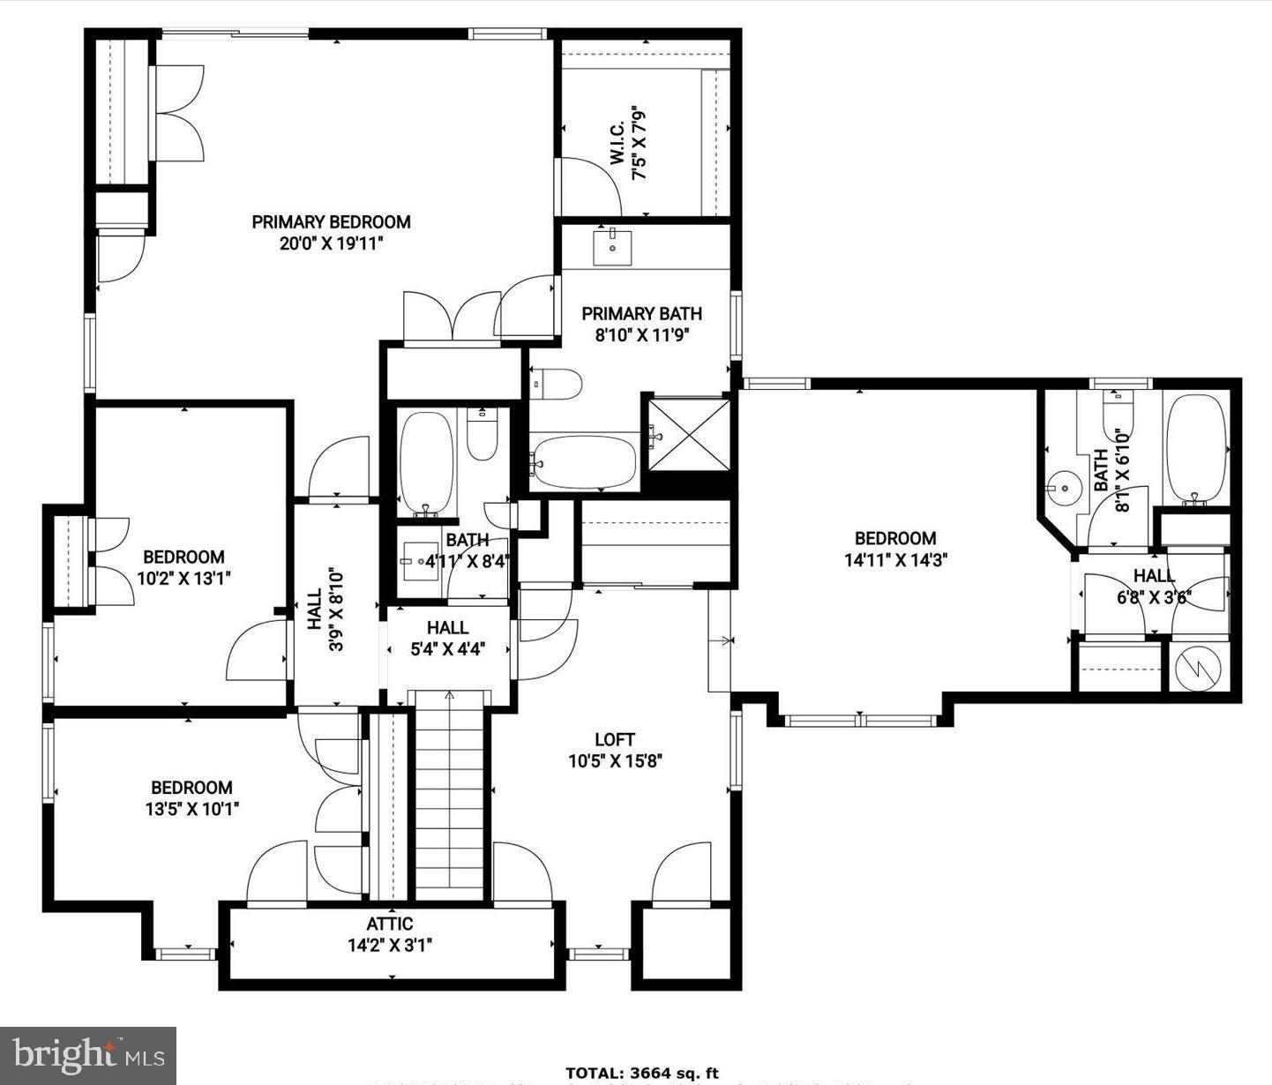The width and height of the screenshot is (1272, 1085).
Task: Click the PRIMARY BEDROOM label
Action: point(331,222)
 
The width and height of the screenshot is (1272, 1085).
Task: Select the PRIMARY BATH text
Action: point(641,313)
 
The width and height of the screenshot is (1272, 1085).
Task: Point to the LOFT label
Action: point(614,740)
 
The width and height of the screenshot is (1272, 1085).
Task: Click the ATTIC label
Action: point(389,924)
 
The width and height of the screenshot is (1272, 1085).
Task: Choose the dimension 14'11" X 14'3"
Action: point(895,559)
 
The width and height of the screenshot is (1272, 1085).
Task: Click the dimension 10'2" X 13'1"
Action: point(183,578)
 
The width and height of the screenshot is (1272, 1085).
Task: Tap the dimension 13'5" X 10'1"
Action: point(191,808)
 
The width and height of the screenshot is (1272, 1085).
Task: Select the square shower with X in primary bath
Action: point(689,436)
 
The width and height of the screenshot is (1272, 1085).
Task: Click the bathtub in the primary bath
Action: point(584,461)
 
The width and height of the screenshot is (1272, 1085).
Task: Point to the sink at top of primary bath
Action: point(611,246)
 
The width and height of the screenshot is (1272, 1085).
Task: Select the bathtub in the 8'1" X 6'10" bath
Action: point(1195,450)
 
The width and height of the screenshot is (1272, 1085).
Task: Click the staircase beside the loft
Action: point(450,794)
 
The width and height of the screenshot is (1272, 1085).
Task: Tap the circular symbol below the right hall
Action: point(1199,668)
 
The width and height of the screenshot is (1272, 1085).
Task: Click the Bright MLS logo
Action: point(88,1055)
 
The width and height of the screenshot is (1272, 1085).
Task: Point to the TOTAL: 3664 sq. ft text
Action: point(641,1074)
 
